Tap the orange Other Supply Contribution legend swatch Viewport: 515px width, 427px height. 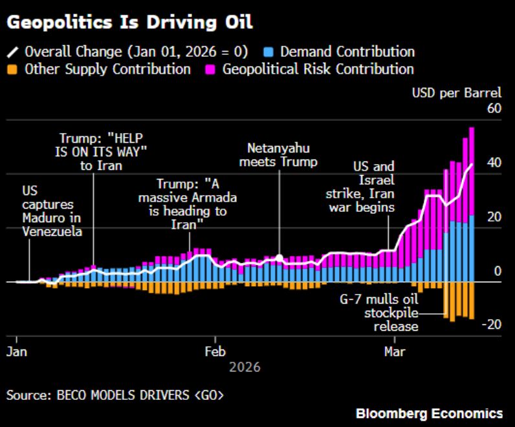(x=13, y=68)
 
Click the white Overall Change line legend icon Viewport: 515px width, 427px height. (x=13, y=52)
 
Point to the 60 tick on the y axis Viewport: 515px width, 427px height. (x=494, y=109)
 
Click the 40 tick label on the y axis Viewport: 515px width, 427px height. (x=494, y=163)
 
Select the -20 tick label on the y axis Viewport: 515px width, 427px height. (x=492, y=325)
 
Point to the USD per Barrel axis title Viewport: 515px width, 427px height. (x=457, y=93)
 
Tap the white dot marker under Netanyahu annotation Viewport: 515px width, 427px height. (x=279, y=258)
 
